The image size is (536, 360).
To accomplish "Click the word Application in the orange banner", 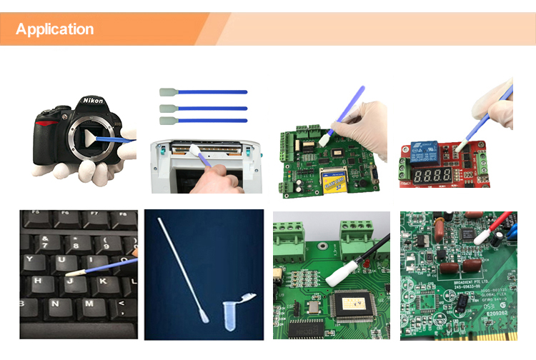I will pyautogui.click(x=54, y=29).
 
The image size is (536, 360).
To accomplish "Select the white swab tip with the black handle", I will pyautogui.click(x=337, y=271).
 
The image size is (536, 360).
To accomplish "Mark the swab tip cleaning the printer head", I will pyautogui.click(x=195, y=149).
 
